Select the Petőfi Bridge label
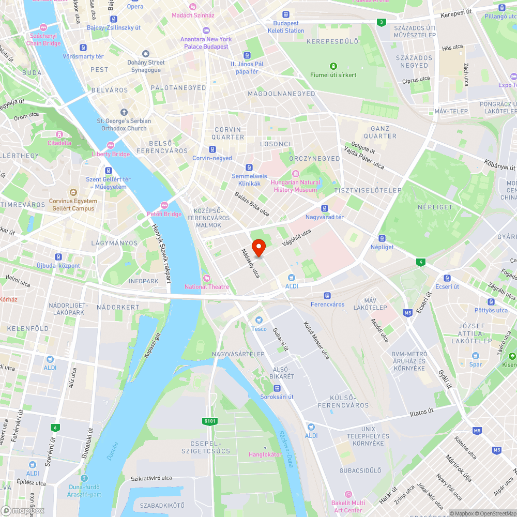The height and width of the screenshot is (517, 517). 164,214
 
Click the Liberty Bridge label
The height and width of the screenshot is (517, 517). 111,154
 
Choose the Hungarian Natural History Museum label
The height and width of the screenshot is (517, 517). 296,186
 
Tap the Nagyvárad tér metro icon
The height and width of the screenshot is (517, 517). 324,208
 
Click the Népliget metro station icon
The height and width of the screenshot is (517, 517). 382,238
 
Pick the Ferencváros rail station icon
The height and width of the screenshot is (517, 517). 327,296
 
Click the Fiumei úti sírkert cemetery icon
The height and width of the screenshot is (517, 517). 333,66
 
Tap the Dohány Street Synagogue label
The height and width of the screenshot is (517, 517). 146,66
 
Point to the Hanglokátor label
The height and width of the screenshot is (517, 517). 265,454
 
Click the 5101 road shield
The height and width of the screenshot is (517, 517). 210,421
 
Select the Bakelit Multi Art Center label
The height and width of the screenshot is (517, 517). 348,506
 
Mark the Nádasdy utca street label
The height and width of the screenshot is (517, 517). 250,264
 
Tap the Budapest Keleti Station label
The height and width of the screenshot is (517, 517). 286,27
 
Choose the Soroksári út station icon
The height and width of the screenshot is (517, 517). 277,388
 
